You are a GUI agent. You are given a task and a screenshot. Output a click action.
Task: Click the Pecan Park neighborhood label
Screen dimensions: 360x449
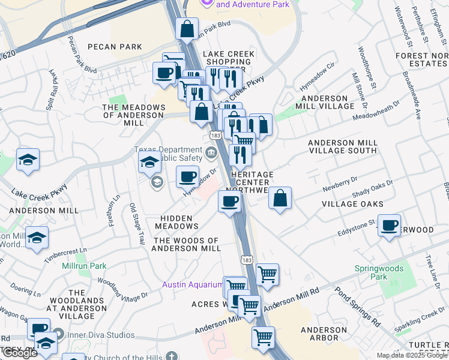tap(115, 47)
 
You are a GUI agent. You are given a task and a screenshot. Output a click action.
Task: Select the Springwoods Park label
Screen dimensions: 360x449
tap(387, 272)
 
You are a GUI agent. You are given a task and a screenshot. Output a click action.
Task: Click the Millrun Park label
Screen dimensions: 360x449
tap(84, 266)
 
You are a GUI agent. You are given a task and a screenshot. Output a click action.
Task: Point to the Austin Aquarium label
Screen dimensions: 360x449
tap(193, 284)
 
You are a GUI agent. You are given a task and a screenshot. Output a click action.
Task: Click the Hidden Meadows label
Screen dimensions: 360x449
tap(176, 222)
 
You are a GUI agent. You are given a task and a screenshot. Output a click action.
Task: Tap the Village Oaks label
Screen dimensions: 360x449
tap(352, 204)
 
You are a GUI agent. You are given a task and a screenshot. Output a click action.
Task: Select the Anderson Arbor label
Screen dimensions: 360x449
tap(324, 334)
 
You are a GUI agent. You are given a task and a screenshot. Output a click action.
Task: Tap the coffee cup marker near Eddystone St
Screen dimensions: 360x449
tap(390, 226)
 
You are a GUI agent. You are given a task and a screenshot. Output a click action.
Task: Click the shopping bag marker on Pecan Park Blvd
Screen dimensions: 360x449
tap(187, 28)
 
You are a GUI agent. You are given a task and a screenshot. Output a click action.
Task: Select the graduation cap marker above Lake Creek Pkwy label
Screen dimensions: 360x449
tap(28, 160)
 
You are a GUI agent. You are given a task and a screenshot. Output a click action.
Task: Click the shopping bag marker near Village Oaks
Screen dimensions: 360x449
tap(280, 198)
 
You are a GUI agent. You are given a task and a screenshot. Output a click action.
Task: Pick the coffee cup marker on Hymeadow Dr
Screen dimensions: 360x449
tap(187, 176)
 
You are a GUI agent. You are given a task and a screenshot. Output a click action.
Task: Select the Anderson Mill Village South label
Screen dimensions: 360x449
tap(342, 146)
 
